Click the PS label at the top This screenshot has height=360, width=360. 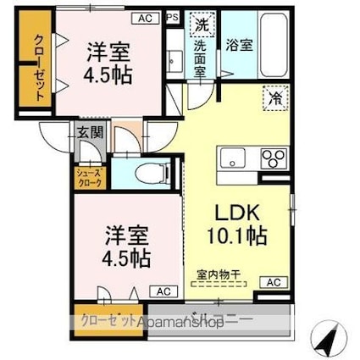(173, 16)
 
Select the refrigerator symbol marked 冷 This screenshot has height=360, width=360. (276, 97)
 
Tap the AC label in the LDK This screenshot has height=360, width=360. (274, 282)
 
